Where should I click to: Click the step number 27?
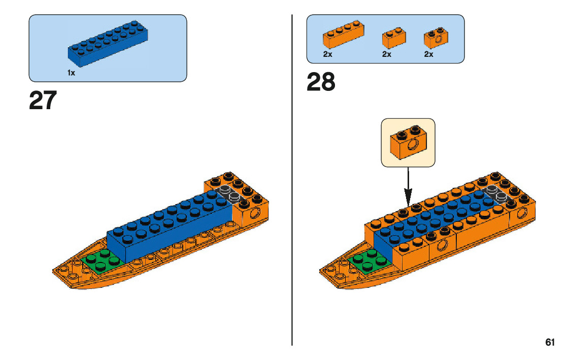click(x=43, y=101)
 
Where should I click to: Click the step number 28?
click(x=321, y=82)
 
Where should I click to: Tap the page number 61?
click(x=550, y=342)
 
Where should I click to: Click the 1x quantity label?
click(x=71, y=73)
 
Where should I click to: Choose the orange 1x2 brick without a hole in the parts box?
click(x=394, y=40)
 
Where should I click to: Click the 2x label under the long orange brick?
click(x=327, y=54)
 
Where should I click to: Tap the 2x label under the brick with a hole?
click(x=429, y=54)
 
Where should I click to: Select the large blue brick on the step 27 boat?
click(x=167, y=228)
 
